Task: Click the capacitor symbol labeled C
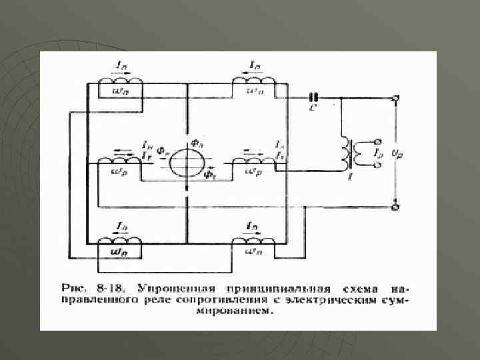312,97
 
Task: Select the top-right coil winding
251,82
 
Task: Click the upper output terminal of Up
395,99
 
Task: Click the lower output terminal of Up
395,207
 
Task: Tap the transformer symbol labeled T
349,155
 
